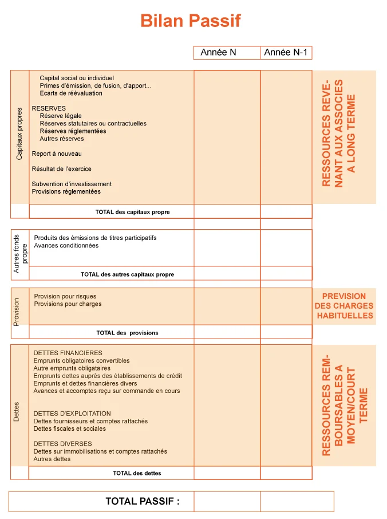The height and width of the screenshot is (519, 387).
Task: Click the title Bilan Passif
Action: (191, 21)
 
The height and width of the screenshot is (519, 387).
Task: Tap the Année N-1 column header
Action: (286, 53)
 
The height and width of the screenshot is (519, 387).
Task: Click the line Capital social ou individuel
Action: (77, 78)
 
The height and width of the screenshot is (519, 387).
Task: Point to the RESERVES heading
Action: (49, 108)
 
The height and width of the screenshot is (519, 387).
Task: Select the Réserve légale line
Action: (61, 116)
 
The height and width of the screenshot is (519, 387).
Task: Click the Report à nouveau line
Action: (57, 154)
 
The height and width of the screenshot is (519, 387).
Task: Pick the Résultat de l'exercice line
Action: (61, 169)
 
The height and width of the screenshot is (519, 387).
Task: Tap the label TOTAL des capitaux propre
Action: (132, 212)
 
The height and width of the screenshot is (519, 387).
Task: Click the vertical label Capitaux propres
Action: (19, 133)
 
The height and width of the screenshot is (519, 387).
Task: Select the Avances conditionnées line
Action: (66, 246)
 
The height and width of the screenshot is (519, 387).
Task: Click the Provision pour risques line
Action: (65, 297)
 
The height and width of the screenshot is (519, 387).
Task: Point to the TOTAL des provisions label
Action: (127, 333)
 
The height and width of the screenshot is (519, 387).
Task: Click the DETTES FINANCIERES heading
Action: (68, 353)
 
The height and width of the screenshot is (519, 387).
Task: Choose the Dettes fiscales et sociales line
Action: (69, 428)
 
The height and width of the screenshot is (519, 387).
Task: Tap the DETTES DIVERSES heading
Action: (62, 444)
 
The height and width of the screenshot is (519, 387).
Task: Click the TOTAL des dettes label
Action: (137, 473)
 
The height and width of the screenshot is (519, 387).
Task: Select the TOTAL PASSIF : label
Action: (143, 501)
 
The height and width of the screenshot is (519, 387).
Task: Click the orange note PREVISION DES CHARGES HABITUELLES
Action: (343, 306)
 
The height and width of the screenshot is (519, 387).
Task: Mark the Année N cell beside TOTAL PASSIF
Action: (227, 501)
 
